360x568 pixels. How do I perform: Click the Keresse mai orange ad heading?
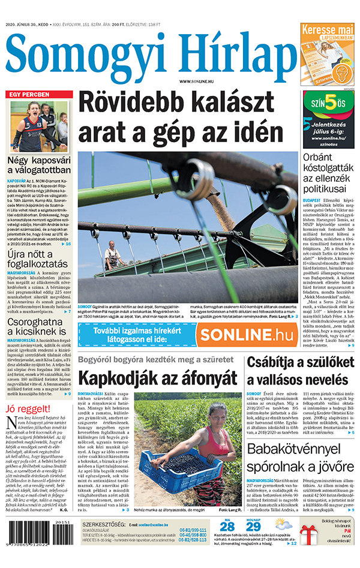click(328, 29)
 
